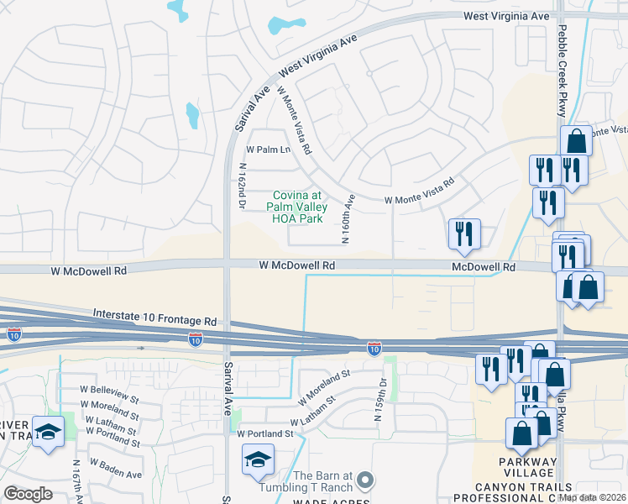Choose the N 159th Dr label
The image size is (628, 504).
(382, 398)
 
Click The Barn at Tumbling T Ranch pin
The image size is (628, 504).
(364, 480)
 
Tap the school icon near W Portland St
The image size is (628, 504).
(258, 459)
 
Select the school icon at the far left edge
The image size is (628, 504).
(49, 432)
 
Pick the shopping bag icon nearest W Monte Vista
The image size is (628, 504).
(577, 140)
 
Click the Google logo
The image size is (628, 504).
(29, 494)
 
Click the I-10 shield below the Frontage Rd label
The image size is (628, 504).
(195, 339)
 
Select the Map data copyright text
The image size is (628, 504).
(593, 496)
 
